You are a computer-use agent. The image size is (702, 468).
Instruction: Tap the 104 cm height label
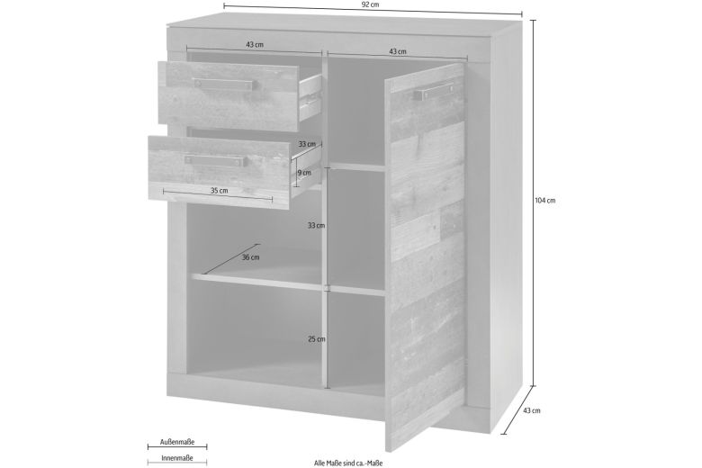coord(544,201)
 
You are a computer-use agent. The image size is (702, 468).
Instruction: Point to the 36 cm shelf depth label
coord(251,257)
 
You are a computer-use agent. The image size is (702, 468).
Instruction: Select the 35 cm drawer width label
coord(220,190)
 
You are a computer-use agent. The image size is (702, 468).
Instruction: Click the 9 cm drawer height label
coord(304,173)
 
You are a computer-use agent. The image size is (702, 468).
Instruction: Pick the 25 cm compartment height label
coord(317,339)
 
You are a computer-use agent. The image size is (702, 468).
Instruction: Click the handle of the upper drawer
coord(224,85)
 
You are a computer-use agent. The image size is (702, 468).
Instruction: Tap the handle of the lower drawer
coord(215,160)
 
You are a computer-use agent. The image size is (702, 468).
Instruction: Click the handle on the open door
coord(434,92)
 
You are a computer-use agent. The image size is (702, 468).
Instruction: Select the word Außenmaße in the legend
coord(177,442)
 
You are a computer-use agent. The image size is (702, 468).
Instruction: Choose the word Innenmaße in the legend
coord(177,458)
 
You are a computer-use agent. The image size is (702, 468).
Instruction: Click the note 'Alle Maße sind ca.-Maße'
coord(348,463)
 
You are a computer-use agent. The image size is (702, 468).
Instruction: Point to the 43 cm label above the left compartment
coord(255,45)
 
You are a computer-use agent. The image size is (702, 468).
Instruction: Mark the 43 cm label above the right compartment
coord(398,51)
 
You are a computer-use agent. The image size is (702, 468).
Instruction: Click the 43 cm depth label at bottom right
coord(531,410)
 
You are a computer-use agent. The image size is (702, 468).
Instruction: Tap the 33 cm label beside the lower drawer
coord(307,144)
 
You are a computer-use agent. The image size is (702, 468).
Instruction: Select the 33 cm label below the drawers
coord(316,225)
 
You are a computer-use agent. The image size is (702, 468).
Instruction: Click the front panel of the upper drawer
coord(229,96)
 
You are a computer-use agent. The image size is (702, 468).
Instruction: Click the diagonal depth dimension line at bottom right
coord(518,409)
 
